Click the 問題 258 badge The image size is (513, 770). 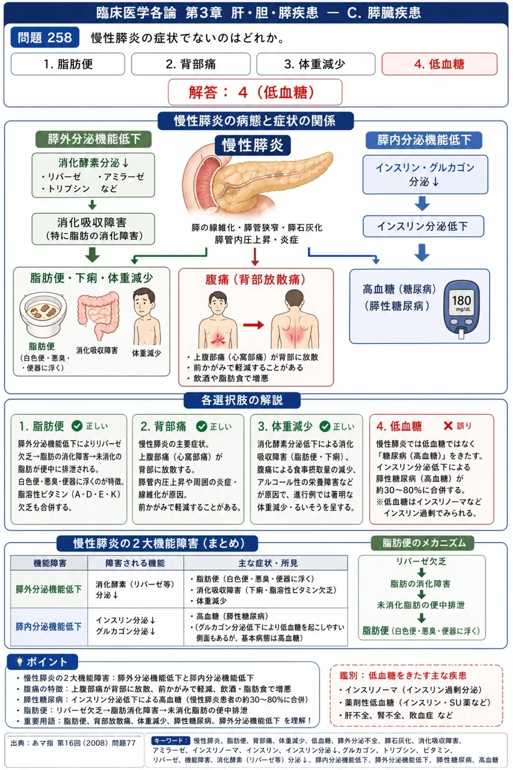tap(45, 37)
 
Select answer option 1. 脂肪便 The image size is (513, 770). tap(68, 64)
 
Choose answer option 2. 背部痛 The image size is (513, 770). tap(191, 64)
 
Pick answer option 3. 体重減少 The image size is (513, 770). tap(315, 64)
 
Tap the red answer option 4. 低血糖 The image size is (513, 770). tap(440, 64)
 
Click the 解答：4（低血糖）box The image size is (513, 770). tap(255, 92)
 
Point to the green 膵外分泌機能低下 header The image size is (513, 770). tap(94, 139)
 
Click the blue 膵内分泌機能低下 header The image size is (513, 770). tap(423, 140)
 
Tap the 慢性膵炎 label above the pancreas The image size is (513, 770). tap(253, 145)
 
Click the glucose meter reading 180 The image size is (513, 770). tap(461, 300)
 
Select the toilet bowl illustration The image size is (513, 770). tap(43, 315)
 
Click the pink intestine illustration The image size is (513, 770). tap(98, 316)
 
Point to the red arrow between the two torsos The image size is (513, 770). tap(254, 325)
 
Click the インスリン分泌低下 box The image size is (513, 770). tap(423, 226)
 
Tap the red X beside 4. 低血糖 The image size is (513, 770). tap(448, 426)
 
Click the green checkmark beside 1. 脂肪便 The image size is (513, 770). tap(77, 426)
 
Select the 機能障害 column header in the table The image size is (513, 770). tap(49, 563)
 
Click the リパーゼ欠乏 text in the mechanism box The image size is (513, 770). tap(421, 562)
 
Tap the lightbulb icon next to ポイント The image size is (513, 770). tap(19, 661)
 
